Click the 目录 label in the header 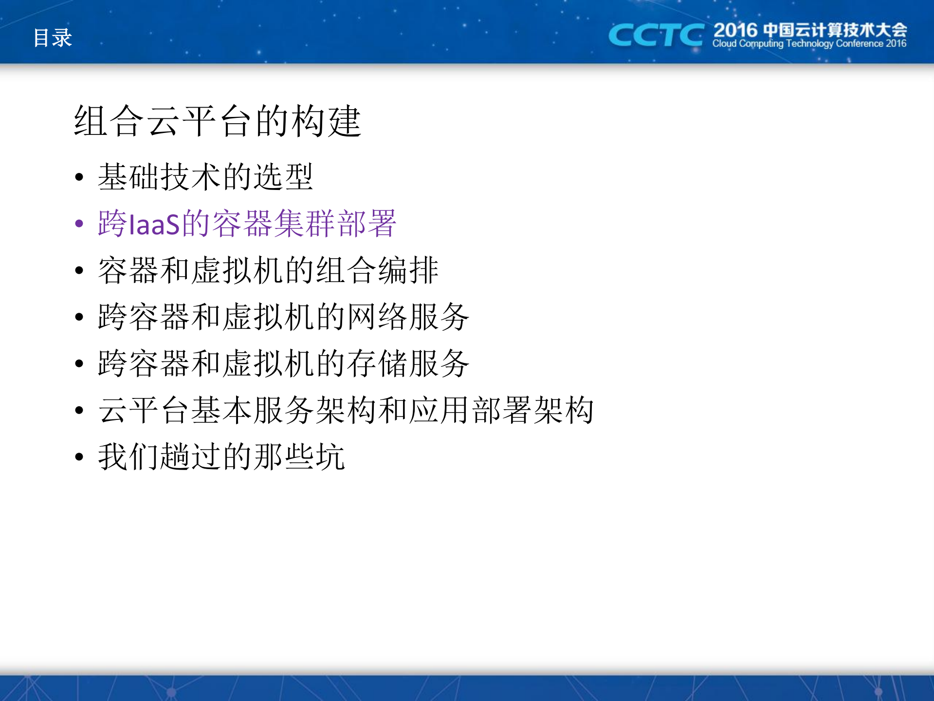(53, 38)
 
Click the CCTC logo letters (655, 36)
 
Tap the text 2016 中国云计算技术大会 (810, 30)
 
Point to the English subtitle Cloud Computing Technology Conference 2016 (809, 44)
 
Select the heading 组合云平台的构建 (217, 121)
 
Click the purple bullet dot (79, 224)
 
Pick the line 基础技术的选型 (205, 177)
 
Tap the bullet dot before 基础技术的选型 (79, 177)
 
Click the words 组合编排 (378, 270)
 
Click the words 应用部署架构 (501, 410)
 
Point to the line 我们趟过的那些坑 (221, 457)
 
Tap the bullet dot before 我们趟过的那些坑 (79, 457)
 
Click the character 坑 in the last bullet (330, 457)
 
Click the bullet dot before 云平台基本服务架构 (79, 410)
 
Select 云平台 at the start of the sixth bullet (144, 410)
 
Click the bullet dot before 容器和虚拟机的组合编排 (79, 270)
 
